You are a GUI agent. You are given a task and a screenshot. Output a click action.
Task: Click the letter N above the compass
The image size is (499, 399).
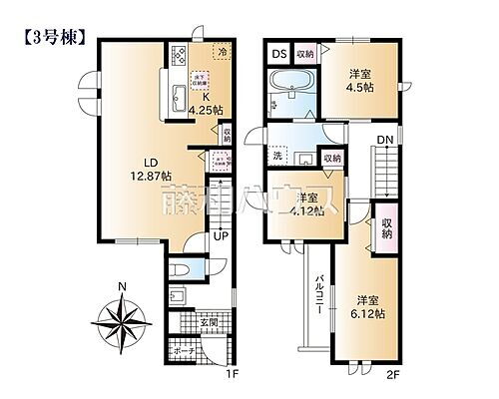pyautogui.click(x=121, y=289)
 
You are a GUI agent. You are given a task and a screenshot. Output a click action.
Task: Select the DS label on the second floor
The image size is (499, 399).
pyautogui.click(x=278, y=54)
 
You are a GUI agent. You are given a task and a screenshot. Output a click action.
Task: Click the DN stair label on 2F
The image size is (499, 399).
pyautogui.click(x=384, y=142)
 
